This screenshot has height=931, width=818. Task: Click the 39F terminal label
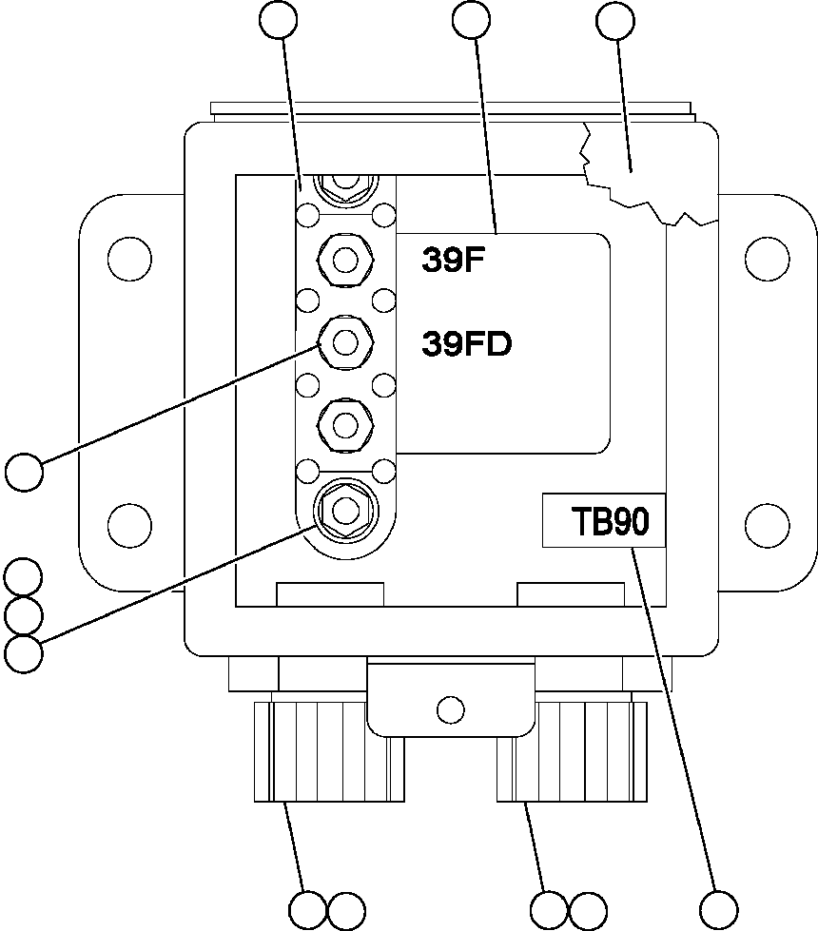coord(454,262)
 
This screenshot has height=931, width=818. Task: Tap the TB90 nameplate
coord(602,520)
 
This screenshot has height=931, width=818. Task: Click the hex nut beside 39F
coord(346,257)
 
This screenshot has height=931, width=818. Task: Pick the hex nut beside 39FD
coord(346,339)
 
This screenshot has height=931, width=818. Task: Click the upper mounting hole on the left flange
coord(129,257)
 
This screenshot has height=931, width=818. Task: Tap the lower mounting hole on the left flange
coord(129,522)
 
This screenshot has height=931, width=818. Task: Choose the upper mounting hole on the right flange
coord(767,257)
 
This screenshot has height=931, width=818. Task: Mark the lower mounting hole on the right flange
coord(767,522)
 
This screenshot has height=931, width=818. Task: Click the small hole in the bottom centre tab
coord(451,708)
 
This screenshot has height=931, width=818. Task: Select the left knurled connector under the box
coord(330,753)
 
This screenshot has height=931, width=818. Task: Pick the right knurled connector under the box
coord(572,753)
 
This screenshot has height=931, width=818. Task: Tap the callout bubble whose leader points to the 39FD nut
coord(24,472)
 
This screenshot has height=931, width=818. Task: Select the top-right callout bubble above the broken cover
coord(613,20)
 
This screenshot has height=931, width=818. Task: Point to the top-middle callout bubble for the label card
coord(472,20)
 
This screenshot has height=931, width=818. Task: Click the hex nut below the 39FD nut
coord(346,423)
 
